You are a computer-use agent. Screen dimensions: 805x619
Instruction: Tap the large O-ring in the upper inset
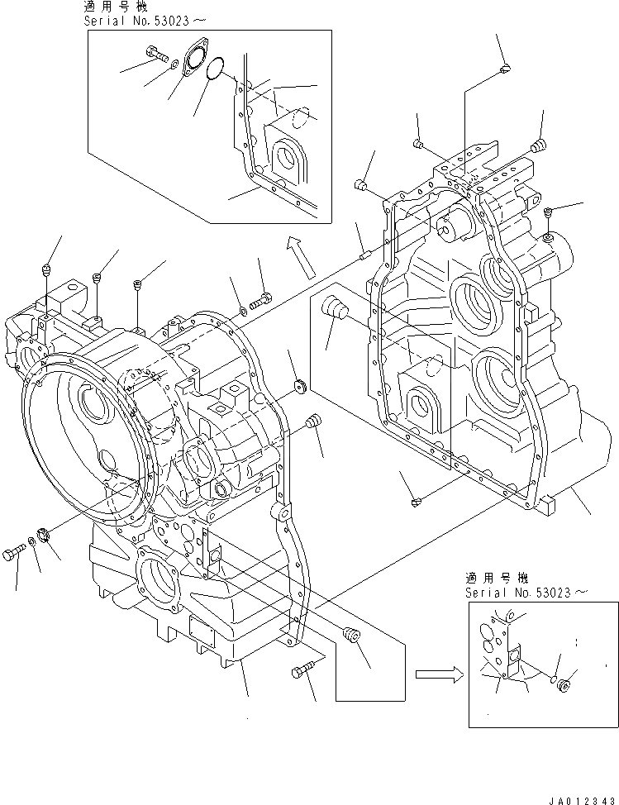tap(215, 69)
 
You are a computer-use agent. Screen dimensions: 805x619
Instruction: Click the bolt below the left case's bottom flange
tap(301, 673)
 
